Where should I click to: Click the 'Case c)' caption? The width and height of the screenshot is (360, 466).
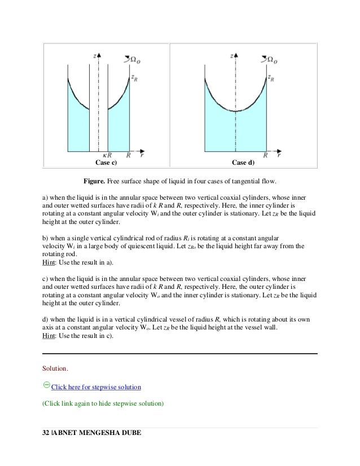point(106,163)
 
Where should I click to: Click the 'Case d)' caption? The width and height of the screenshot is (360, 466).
point(244,163)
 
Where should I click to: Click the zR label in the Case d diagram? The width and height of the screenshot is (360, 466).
point(271,78)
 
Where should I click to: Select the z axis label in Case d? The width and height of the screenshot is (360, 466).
point(232,56)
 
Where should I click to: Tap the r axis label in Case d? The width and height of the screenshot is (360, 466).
point(279,153)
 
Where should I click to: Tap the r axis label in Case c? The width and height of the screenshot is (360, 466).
point(141,153)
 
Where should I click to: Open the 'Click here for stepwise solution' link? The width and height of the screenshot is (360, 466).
point(95,388)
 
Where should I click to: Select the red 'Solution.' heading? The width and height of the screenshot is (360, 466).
point(55,369)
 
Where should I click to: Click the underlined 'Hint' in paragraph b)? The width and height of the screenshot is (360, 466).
point(49,262)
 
